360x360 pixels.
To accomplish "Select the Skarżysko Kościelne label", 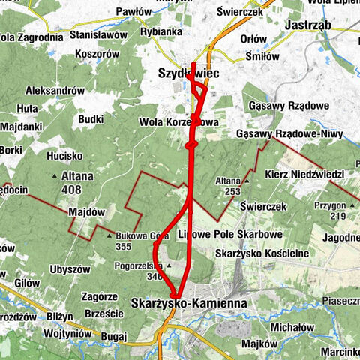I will [262, 253].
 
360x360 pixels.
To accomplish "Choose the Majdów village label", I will [84, 212].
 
